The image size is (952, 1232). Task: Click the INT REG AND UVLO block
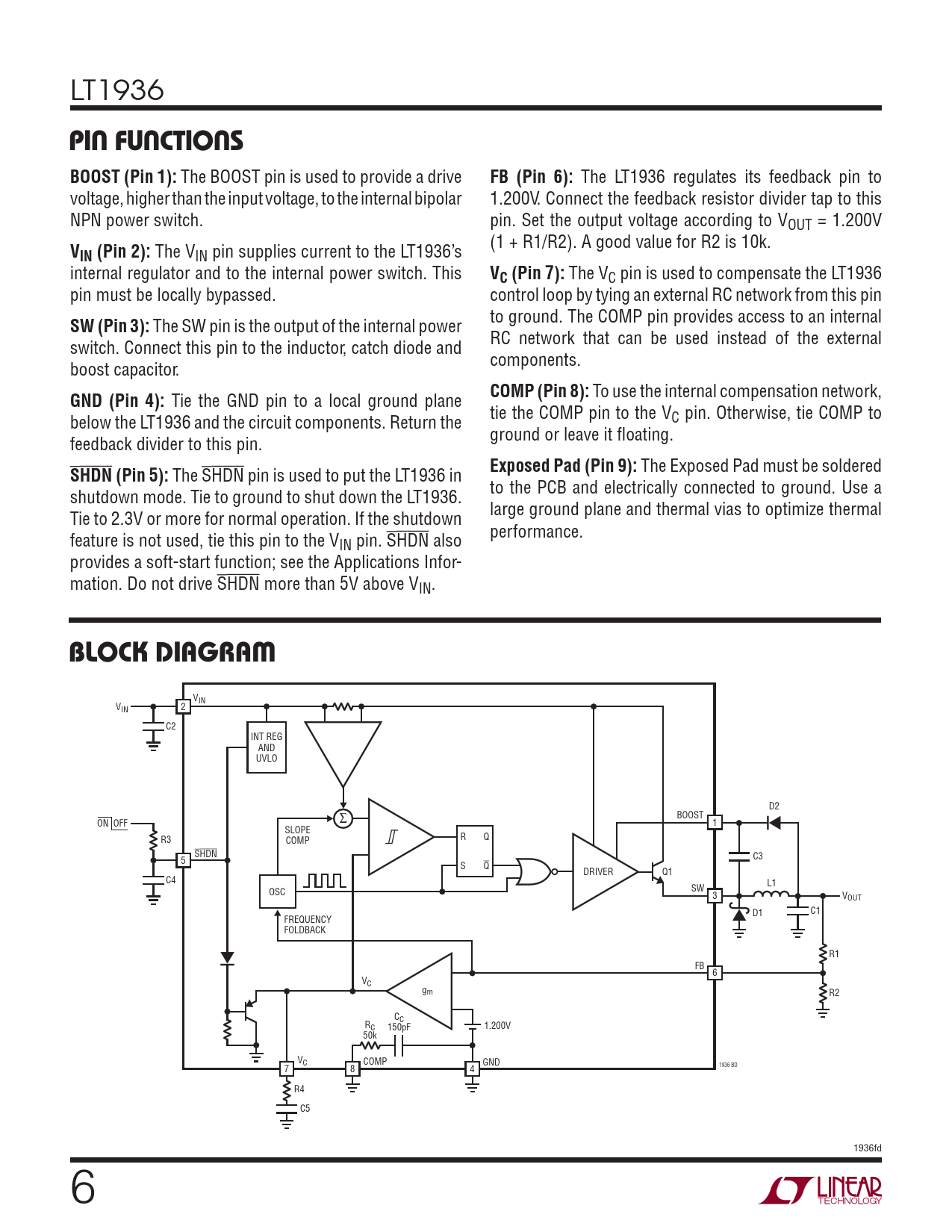coord(267,747)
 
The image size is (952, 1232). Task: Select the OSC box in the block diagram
coord(277,892)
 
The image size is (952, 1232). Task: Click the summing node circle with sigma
coord(343,818)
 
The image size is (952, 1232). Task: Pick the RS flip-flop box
coord(475,850)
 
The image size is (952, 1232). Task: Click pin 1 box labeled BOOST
coord(715,823)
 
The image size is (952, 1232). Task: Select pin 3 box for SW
coord(715,896)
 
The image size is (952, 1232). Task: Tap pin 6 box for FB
coord(715,973)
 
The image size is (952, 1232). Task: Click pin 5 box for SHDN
coord(183,860)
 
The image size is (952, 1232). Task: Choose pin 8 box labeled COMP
coord(352,1068)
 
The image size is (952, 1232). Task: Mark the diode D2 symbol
coord(774,823)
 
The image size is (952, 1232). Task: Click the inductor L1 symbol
coord(771,894)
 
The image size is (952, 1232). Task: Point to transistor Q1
coord(658,872)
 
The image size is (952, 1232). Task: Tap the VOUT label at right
coord(852,897)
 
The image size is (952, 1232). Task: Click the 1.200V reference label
coord(497,1026)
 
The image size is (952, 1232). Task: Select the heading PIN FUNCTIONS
coord(156,141)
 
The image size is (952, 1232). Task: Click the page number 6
coord(83,1187)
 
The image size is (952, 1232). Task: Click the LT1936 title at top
coord(117,90)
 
